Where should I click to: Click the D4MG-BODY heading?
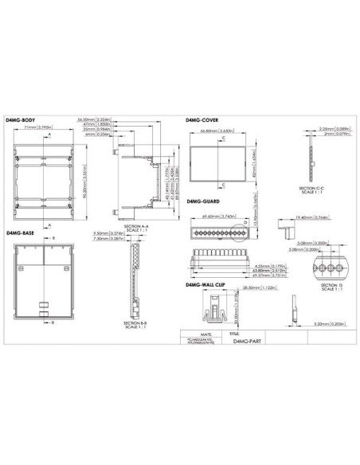click(20, 119)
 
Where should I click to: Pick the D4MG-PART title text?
click(248, 339)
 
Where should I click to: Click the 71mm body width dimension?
click(39, 127)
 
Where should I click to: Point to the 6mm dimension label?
click(97, 135)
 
